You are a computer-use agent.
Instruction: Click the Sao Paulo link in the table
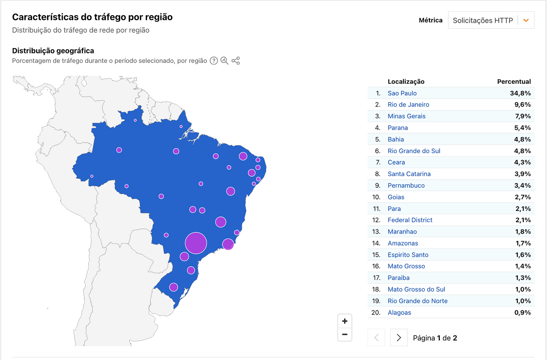pyautogui.click(x=402, y=93)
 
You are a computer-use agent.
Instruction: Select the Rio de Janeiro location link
pyautogui.click(x=408, y=105)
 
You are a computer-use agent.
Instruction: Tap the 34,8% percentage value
pyautogui.click(x=520, y=93)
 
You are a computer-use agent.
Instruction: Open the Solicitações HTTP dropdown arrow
pyautogui.click(x=526, y=21)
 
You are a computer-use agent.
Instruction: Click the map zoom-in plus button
pyautogui.click(x=345, y=321)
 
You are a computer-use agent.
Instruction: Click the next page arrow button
pyautogui.click(x=399, y=338)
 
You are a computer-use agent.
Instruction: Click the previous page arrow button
pyautogui.click(x=376, y=338)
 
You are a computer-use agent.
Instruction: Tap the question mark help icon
pyautogui.click(x=214, y=61)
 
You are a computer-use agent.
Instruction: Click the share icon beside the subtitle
pyautogui.click(x=236, y=61)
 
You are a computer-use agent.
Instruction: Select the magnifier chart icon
pyautogui.click(x=224, y=61)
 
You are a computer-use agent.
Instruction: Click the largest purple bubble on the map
pyautogui.click(x=196, y=243)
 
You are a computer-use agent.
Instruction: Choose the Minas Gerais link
pyautogui.click(x=406, y=116)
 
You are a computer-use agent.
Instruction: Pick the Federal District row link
pyautogui.click(x=410, y=220)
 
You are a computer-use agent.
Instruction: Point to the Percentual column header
pyautogui.click(x=514, y=81)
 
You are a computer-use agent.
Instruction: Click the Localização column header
pyautogui.click(x=406, y=81)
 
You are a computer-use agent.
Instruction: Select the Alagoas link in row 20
pyautogui.click(x=399, y=312)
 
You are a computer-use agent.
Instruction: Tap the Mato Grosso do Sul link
pyautogui.click(x=416, y=289)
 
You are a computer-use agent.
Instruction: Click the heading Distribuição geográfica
pyautogui.click(x=53, y=51)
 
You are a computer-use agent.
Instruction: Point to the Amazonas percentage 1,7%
pyautogui.click(x=523, y=243)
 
